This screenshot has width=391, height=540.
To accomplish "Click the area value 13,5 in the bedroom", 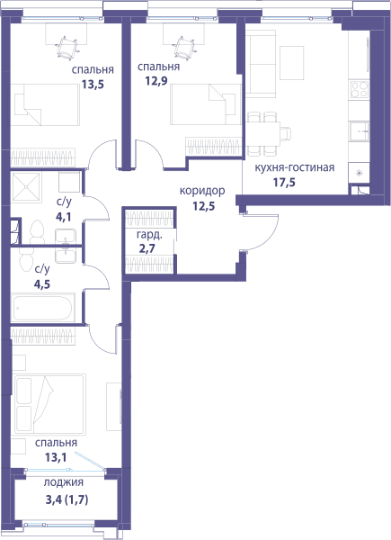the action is point(93,84).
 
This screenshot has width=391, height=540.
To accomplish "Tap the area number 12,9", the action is point(156,82).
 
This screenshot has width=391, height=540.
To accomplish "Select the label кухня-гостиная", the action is point(294,167).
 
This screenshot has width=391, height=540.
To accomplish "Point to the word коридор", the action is point(202,191).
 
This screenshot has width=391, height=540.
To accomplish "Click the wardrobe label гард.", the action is point(149,235).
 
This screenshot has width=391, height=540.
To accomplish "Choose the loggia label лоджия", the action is point(63,482).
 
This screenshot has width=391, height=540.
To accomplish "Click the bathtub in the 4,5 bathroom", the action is point(42,308).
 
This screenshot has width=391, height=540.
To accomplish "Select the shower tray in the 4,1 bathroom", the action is point(26,186).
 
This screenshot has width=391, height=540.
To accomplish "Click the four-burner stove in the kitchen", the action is point(359,89).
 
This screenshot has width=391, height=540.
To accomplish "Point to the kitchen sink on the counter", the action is point(360,131).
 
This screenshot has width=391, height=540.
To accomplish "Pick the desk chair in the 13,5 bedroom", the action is point(67,48).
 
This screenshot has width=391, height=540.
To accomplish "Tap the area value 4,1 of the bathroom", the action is point(63,217).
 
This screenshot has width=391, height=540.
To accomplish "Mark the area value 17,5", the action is point(284,182).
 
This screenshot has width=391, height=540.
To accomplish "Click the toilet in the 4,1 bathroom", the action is point(37,232).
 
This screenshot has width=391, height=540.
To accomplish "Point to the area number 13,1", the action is point(56,457).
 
